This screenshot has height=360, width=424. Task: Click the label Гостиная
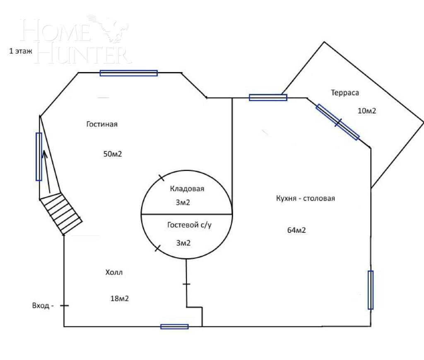click(102, 124)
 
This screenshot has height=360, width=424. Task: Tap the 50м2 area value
click(113, 154)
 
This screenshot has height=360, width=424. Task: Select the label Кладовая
click(187, 188)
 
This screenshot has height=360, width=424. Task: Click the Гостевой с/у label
click(189, 225)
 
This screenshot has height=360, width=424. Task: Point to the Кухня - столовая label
click(305, 198)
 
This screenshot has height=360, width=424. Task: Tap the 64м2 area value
click(296, 230)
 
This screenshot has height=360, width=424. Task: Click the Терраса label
click(345, 93)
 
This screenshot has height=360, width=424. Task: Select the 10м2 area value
click(367, 111)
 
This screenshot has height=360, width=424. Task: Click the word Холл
click(114, 272)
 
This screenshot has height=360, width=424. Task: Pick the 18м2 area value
click(120, 299)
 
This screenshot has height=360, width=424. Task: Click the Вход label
click(41, 306)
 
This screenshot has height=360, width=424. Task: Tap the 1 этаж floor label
click(21, 51)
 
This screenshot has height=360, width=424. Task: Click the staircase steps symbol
click(61, 214)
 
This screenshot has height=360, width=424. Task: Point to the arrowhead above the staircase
click(45, 154)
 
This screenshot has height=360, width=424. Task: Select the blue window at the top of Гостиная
click(129, 73)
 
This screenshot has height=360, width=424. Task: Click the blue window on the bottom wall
click(174, 327)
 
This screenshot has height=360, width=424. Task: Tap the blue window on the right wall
click(371, 290)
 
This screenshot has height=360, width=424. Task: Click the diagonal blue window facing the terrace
click(338, 122)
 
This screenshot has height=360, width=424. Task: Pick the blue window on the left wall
click(39, 157)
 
